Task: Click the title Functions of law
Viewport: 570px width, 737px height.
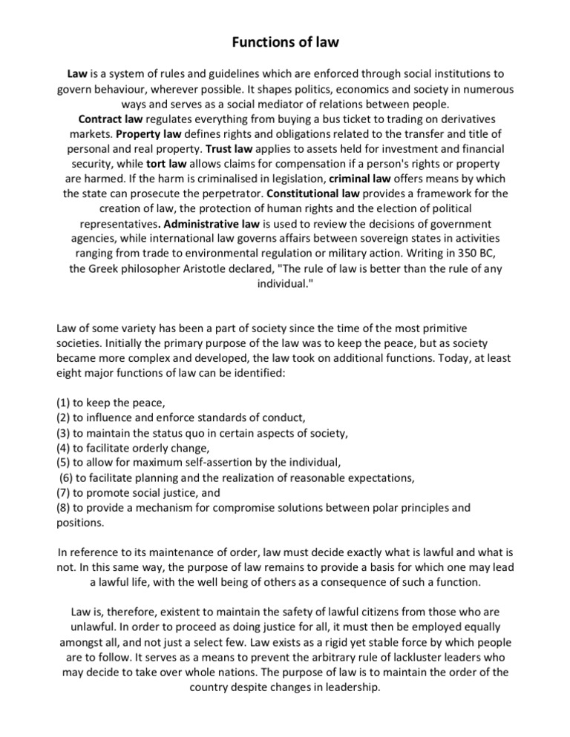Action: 285,42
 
